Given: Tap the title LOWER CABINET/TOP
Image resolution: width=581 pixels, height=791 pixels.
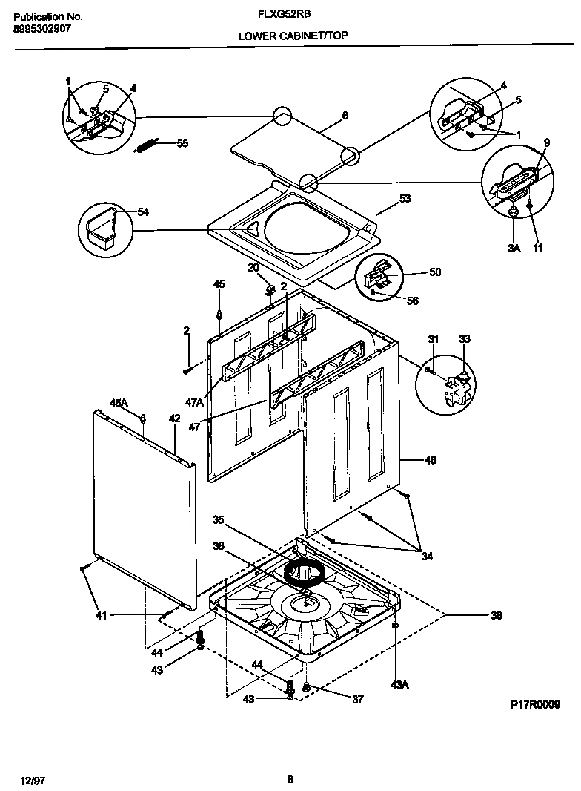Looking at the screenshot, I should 293,35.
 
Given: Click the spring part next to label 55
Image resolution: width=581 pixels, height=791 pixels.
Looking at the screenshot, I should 147,145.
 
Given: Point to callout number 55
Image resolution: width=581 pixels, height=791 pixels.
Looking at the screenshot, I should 182,142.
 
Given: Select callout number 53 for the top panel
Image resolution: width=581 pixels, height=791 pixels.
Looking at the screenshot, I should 405,198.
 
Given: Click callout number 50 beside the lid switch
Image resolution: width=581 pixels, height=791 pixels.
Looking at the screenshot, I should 434,272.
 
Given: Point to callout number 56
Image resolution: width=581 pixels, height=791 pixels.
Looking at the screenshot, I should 413,301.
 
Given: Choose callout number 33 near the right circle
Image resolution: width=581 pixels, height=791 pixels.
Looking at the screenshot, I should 465,339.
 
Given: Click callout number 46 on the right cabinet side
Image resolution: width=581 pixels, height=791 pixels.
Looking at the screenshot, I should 429,460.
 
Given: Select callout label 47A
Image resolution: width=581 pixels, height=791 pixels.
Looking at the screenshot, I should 194,402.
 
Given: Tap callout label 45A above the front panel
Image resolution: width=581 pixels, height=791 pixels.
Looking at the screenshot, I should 119,402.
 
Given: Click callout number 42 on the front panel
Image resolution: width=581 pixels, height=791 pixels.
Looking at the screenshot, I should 174,419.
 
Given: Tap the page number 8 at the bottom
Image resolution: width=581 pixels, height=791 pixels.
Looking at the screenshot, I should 290,778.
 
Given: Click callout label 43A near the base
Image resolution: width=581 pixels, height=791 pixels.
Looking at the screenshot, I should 399,683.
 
